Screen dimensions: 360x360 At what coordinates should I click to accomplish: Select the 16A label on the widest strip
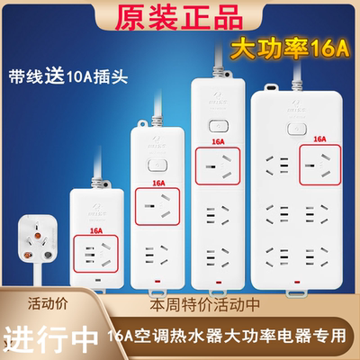[x=318, y=139]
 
